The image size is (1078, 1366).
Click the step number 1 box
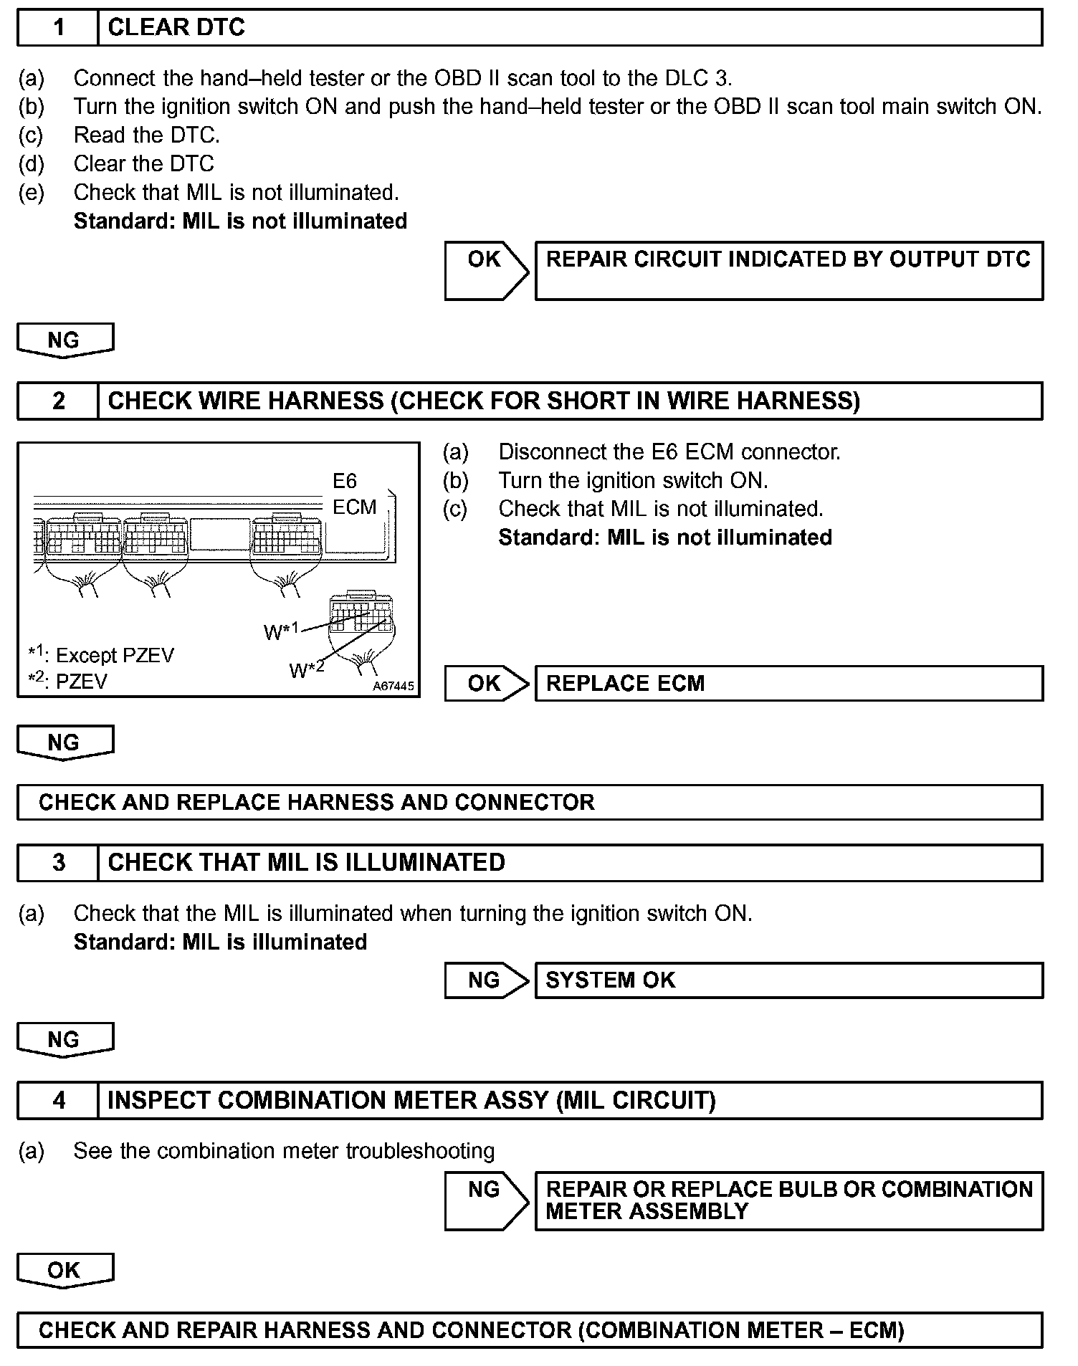(58, 28)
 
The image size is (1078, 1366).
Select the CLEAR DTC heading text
(176, 28)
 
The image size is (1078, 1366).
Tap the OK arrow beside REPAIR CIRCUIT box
(485, 270)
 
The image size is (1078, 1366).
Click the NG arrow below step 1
(65, 340)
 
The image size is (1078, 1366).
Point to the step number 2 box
(58, 401)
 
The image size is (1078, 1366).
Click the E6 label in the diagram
(345, 481)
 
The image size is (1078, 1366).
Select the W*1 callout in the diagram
(281, 631)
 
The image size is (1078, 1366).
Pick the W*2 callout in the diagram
(306, 669)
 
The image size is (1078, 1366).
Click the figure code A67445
(393, 686)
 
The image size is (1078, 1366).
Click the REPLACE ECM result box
(788, 683)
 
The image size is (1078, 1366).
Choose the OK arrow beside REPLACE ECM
(485, 683)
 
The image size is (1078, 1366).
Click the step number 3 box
(58, 862)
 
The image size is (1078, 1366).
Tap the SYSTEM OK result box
(788, 980)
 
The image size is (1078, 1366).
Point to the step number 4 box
(58, 1100)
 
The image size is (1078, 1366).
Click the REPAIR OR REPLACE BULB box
(788, 1200)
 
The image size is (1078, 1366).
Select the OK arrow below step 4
(65, 1270)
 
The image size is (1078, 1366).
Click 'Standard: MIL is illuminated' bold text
(220, 942)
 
